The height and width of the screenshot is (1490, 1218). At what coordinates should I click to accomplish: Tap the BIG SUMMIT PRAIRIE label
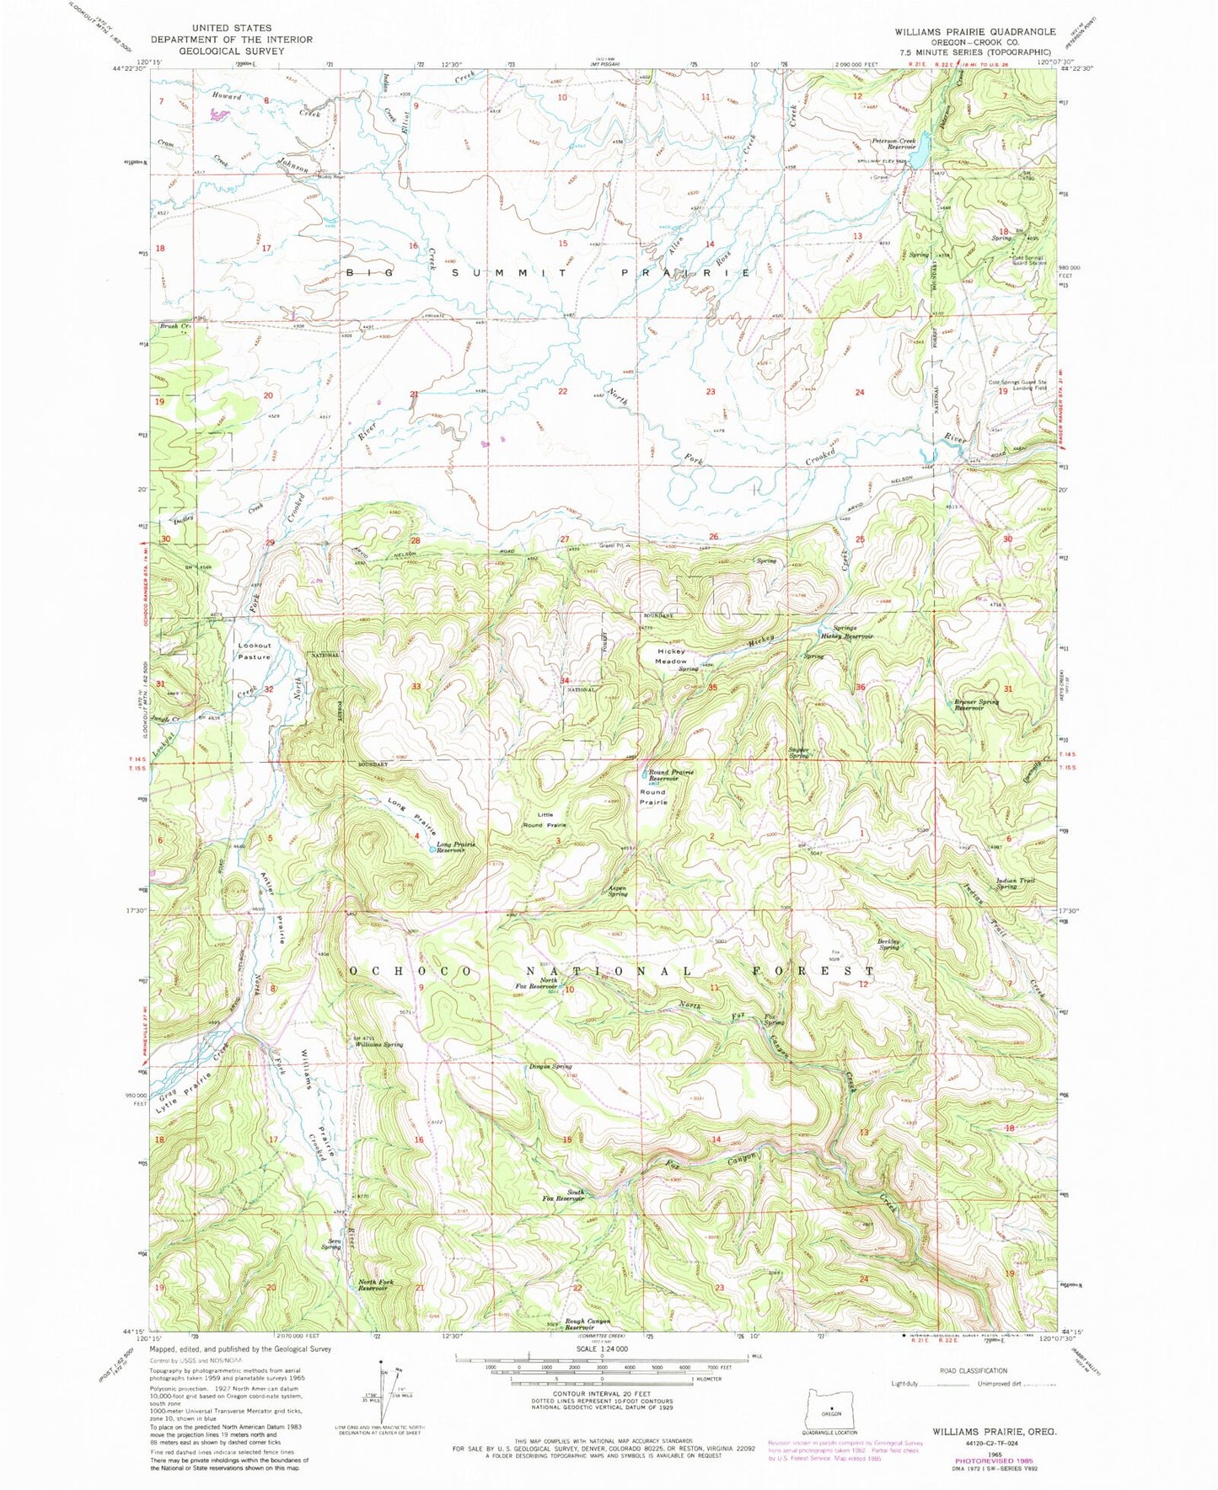point(548,272)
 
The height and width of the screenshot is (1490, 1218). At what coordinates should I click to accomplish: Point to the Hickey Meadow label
point(672,657)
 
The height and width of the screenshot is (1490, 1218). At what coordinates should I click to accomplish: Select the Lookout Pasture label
point(255,651)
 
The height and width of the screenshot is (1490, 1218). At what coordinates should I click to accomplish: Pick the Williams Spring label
point(378,1044)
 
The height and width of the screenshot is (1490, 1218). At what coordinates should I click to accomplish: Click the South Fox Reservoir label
point(564,1195)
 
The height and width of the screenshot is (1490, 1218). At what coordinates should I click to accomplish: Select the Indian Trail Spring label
point(1016,883)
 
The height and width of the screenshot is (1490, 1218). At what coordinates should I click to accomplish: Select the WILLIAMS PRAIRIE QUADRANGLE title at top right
point(974,31)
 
